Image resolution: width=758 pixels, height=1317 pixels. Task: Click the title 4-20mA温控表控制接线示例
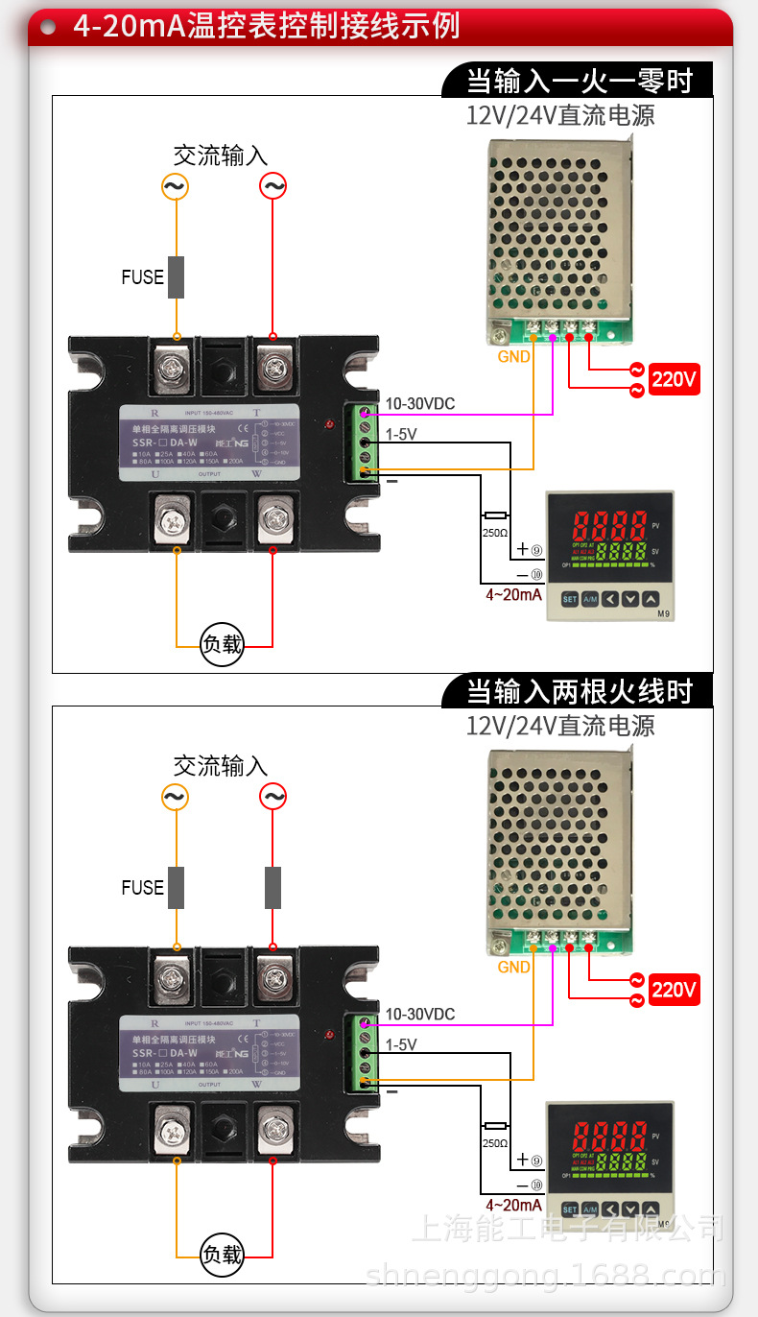coord(267,26)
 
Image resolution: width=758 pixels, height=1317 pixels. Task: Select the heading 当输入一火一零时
coord(579,80)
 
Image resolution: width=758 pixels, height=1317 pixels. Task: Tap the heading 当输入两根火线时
coord(579,690)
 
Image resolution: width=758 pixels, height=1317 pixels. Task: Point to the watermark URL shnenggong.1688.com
coord(546,1276)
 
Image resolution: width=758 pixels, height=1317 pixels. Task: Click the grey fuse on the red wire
coord(273,888)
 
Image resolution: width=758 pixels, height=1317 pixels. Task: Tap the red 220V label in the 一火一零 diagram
coord(675,379)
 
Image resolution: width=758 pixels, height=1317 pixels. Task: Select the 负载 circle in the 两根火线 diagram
coord(222,1255)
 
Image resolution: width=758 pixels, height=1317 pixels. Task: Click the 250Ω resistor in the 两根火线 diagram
coord(495,1126)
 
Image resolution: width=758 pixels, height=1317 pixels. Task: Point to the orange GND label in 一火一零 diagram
coord(513,357)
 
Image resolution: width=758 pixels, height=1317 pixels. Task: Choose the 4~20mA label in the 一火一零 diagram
coord(513,595)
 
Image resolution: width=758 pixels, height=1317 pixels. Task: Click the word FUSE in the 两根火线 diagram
coord(142,888)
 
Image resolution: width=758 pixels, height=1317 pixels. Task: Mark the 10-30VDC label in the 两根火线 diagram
coord(420,1015)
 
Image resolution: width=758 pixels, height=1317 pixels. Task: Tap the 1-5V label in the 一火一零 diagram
coord(401,435)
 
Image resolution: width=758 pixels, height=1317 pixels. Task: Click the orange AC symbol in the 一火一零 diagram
coord(175,186)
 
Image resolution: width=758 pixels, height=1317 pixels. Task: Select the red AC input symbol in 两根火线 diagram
coord(273,797)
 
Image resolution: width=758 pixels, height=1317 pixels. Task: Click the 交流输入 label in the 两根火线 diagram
coord(221,766)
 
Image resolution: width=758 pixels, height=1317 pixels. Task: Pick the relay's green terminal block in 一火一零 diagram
coord(365,443)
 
